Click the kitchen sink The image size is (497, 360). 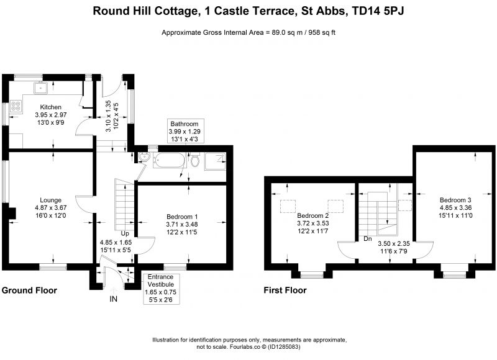[x=40, y=88]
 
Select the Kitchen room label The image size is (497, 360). [x=51, y=107]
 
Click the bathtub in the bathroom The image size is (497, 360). [x=168, y=160]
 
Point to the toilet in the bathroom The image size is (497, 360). [x=195, y=160]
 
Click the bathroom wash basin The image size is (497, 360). [x=144, y=157]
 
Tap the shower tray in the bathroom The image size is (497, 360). [x=215, y=161]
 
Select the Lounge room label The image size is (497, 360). [x=51, y=200]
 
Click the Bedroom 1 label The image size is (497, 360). [x=182, y=217]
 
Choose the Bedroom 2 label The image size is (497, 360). [x=313, y=215]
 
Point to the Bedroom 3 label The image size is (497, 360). [x=455, y=200]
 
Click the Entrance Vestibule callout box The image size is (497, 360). [x=161, y=288]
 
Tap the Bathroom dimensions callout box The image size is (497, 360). [x=185, y=132]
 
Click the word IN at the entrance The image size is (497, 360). [x=114, y=299]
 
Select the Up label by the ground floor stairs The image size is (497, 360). [x=125, y=233]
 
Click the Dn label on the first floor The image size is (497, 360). [x=368, y=239]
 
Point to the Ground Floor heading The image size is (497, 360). [x=29, y=290]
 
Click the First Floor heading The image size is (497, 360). [x=285, y=290]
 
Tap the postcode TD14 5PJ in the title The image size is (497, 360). [x=378, y=11]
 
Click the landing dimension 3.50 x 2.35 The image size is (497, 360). [x=394, y=243]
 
